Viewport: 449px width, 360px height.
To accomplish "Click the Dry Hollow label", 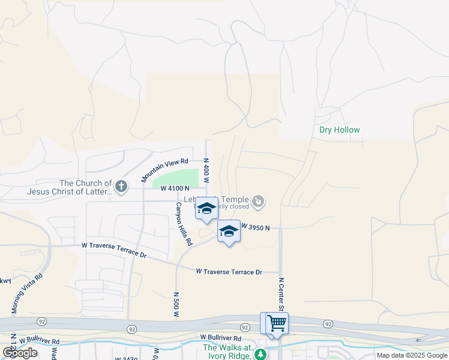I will [x=340, y=130].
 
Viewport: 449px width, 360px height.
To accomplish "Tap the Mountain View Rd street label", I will [x=165, y=170].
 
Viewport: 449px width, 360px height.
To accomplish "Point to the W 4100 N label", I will [x=175, y=188].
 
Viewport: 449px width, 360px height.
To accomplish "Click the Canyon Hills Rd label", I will [x=183, y=223].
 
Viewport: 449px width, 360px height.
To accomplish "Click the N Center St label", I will [x=280, y=293].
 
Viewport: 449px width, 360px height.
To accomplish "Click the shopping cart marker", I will [x=277, y=323].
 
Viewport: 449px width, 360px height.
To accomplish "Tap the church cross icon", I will [x=121, y=187].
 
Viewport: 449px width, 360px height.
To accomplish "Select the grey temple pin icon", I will [x=258, y=201].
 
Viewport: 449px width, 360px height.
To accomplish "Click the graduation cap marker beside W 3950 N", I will [x=228, y=231].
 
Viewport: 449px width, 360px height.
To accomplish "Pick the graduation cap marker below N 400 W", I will [x=206, y=209].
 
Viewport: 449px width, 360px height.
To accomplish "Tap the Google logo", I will [x=20, y=353].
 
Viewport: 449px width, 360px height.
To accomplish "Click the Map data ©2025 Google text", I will [x=411, y=355].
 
